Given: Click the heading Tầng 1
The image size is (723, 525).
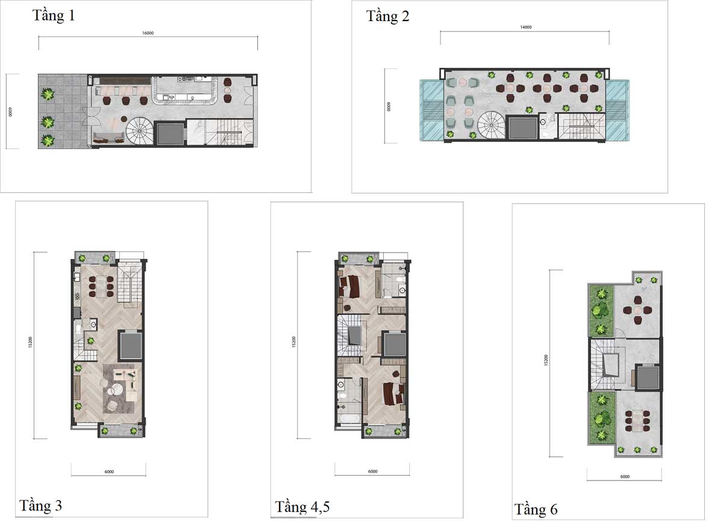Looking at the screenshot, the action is point(54,16).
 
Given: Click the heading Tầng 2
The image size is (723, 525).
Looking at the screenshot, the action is point(387,16).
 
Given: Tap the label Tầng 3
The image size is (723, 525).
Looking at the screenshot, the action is point(40,505).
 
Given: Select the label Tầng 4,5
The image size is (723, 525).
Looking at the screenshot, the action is point(302,506).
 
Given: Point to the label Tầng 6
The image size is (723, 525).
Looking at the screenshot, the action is point(536,509).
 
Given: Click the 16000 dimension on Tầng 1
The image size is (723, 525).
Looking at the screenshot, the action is point(148,33).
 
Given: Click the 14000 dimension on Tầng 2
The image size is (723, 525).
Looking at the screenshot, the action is point(525,27).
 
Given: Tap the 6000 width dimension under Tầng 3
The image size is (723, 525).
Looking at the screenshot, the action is point(109,472).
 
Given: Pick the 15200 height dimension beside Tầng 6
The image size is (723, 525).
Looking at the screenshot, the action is point(546,360).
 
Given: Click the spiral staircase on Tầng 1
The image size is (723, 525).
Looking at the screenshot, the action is point(139,131).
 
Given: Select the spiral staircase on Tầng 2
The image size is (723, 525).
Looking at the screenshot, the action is point(491,125).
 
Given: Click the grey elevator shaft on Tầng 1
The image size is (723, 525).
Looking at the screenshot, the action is point(170,133).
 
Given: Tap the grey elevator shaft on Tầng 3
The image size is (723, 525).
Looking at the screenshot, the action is point(130,345).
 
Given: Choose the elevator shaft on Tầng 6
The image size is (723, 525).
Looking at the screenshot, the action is point(648,377).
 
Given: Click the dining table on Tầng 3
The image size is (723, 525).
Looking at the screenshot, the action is point(101,286).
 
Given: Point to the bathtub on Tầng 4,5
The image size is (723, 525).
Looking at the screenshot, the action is point(350,419).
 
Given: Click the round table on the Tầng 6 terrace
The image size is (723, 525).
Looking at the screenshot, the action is point(637,310).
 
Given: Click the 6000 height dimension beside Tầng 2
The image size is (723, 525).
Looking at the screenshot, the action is point(389,107).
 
